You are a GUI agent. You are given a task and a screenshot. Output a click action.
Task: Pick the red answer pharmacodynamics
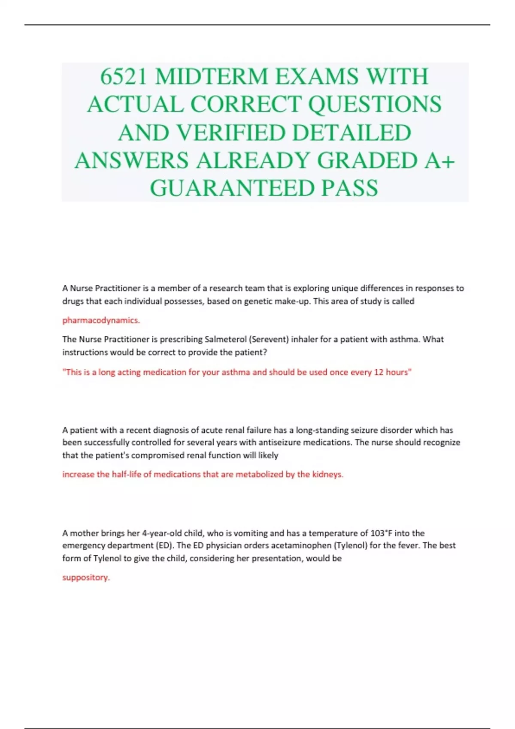(x=101, y=320)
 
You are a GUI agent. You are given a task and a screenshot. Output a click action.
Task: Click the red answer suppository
(x=86, y=578)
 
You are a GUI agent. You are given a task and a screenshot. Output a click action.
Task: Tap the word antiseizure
(x=280, y=442)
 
